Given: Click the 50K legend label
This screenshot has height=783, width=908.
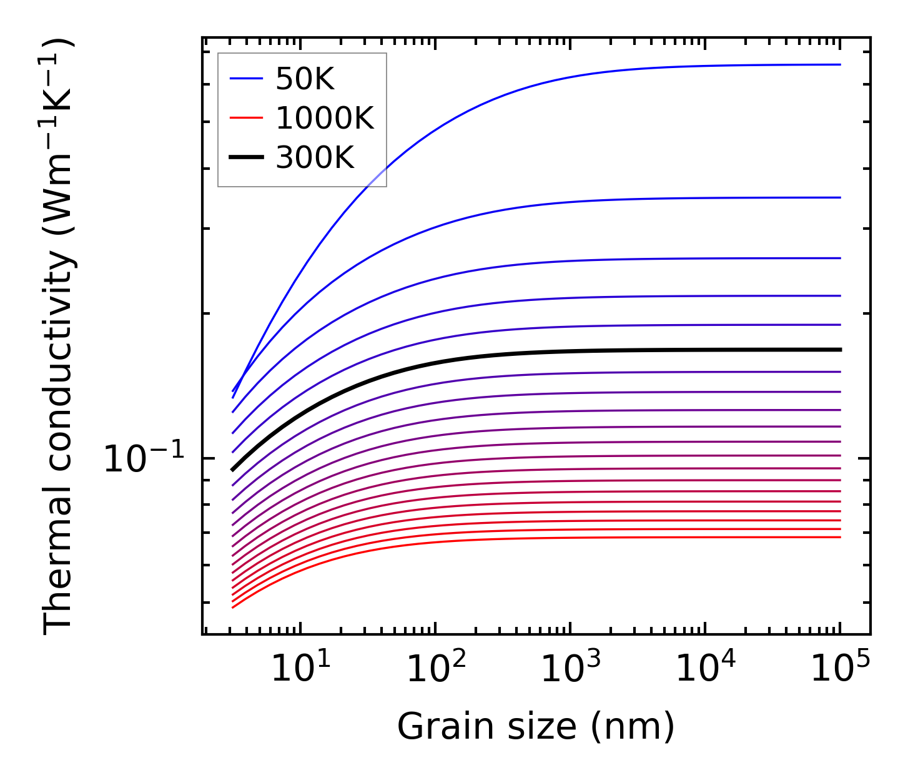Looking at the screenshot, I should click(305, 79).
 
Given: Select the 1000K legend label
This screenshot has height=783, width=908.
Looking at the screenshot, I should click(325, 119).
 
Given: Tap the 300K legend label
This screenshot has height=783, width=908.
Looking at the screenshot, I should click(315, 158).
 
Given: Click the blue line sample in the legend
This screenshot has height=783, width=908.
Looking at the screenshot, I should click(246, 79).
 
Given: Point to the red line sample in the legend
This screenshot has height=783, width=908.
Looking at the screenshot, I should click(246, 118).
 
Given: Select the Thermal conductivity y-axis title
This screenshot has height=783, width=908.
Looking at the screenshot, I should click(59, 336).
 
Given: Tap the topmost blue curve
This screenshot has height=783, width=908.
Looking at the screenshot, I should click(562, 79).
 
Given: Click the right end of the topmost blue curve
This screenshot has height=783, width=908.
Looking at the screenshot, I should click(840, 64).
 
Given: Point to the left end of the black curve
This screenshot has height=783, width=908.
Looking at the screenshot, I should click(233, 469).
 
